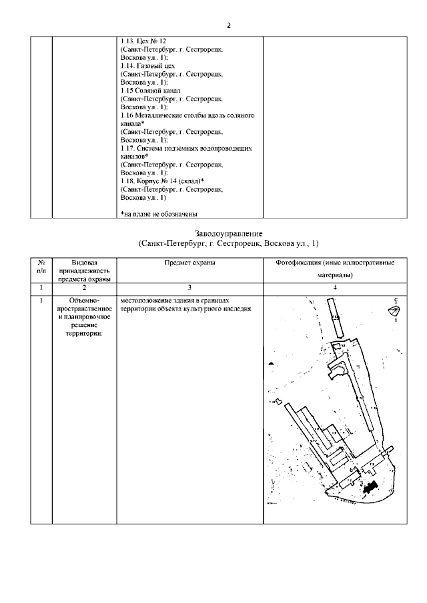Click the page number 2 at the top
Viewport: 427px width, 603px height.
pyautogui.click(x=228, y=25)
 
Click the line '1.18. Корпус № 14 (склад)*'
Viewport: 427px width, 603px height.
pyautogui.click(x=162, y=181)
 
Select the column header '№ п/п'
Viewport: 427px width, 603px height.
pyautogui.click(x=41, y=267)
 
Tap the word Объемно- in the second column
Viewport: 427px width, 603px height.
pyautogui.click(x=84, y=301)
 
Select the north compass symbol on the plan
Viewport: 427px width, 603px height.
pyautogui.click(x=395, y=310)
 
